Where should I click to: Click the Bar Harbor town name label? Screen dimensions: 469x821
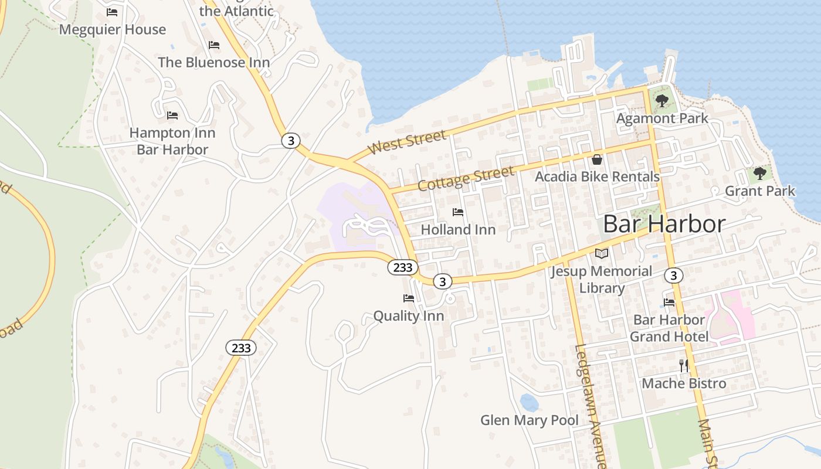[x=664, y=224]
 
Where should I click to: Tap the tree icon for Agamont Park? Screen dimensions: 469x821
[x=662, y=101]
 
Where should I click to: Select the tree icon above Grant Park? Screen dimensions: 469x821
[x=759, y=174]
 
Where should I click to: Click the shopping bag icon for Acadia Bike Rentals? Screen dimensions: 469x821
[x=597, y=159]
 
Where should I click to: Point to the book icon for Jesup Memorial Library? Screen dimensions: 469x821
[x=602, y=254]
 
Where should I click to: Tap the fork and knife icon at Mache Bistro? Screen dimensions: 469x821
[x=683, y=366]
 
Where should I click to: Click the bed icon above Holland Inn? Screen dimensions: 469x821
[x=458, y=212]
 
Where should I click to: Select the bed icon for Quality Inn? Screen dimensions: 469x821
[x=409, y=298]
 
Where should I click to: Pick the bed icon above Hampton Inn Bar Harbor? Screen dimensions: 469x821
[x=172, y=115]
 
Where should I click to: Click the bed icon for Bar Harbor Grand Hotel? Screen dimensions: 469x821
[x=669, y=303]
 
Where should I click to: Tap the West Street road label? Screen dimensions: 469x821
[x=407, y=142]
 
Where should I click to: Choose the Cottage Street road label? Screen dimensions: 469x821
[x=466, y=178]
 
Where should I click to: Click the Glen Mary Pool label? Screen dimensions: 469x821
[x=529, y=420]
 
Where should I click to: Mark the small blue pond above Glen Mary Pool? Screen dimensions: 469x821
[x=528, y=403]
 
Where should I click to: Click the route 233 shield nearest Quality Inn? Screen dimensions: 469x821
[x=403, y=267]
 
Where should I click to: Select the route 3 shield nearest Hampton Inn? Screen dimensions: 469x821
[x=290, y=141]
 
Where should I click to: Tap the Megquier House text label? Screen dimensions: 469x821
[x=113, y=29]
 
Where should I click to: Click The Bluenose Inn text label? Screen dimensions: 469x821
[x=213, y=62]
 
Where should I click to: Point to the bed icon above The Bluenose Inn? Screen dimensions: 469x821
[x=214, y=45]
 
